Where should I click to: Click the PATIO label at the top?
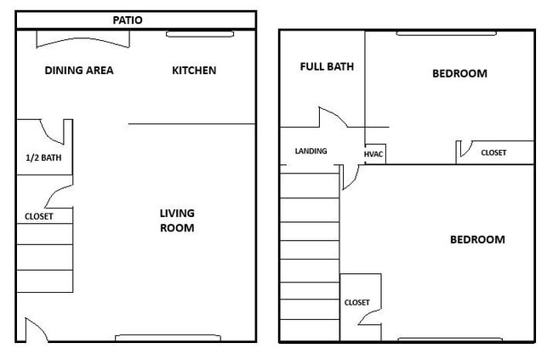tap(128, 19)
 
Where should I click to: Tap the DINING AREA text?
tap(79, 71)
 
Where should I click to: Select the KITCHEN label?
tap(194, 71)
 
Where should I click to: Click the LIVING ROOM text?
tap(177, 220)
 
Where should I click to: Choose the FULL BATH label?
tap(327, 66)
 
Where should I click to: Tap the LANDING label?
tap(311, 151)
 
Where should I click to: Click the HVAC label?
tap(375, 154)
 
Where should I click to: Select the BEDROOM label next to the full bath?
tap(459, 73)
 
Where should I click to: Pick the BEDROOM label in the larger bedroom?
tap(476, 239)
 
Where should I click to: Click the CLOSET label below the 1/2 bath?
tap(34, 216)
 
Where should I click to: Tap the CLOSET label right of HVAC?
tap(493, 153)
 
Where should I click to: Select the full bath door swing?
tap(330, 117)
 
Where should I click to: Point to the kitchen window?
tap(199, 34)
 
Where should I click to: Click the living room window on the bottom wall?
tap(168, 338)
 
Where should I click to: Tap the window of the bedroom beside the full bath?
tap(446, 34)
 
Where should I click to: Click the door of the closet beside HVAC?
tap(465, 149)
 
